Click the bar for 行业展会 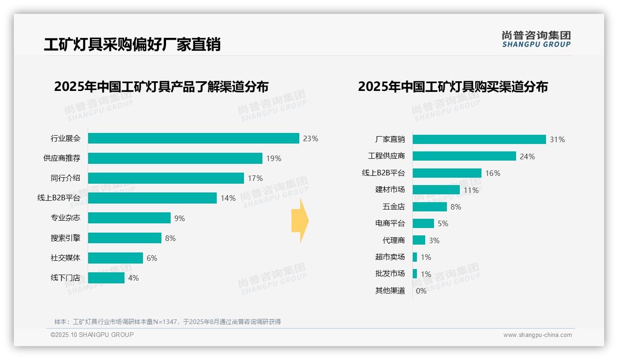click(193, 138)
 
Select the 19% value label click(273, 158)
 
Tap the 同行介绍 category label click(65, 178)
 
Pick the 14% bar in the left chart click(152, 198)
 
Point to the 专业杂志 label click(65, 218)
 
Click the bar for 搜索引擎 click(125, 238)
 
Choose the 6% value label click(152, 258)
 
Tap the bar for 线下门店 click(106, 278)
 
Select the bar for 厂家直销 click(479, 139)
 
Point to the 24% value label click(527, 156)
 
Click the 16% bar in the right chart click(447, 173)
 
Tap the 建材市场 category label click(390, 190)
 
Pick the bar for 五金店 click(429, 207)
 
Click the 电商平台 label click(390, 223)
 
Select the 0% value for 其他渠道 click(421, 291)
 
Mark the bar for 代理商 click(419, 240)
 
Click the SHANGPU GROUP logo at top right click(536, 39)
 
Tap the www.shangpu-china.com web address click(537, 335)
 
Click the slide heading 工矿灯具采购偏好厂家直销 click(132, 44)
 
